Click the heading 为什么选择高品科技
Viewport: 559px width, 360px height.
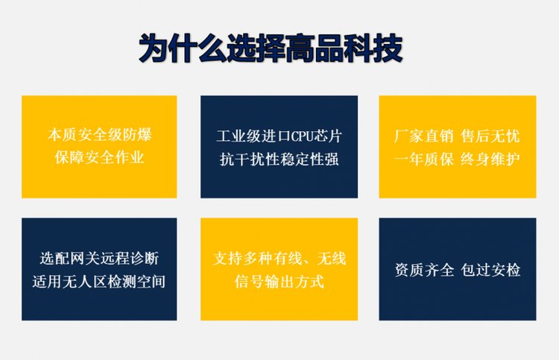271,48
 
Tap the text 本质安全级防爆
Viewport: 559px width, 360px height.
99,134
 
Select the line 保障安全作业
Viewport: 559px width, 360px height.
99,157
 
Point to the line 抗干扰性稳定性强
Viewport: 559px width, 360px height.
279,159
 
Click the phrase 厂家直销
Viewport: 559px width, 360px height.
423,136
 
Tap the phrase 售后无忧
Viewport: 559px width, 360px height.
490,136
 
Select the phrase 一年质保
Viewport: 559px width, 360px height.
423,159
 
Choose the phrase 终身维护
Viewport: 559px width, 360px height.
490,159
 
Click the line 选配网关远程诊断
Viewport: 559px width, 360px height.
99,259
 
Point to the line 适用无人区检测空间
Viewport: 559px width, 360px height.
99,281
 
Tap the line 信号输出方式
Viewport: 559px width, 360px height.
279,281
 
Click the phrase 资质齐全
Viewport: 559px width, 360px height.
424,270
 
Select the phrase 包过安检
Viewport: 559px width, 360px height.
490,270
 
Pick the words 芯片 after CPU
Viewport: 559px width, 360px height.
328,136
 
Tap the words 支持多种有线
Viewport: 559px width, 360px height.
257,259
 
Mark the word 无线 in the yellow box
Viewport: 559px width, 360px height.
332,259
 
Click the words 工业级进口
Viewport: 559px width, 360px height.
253,136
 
